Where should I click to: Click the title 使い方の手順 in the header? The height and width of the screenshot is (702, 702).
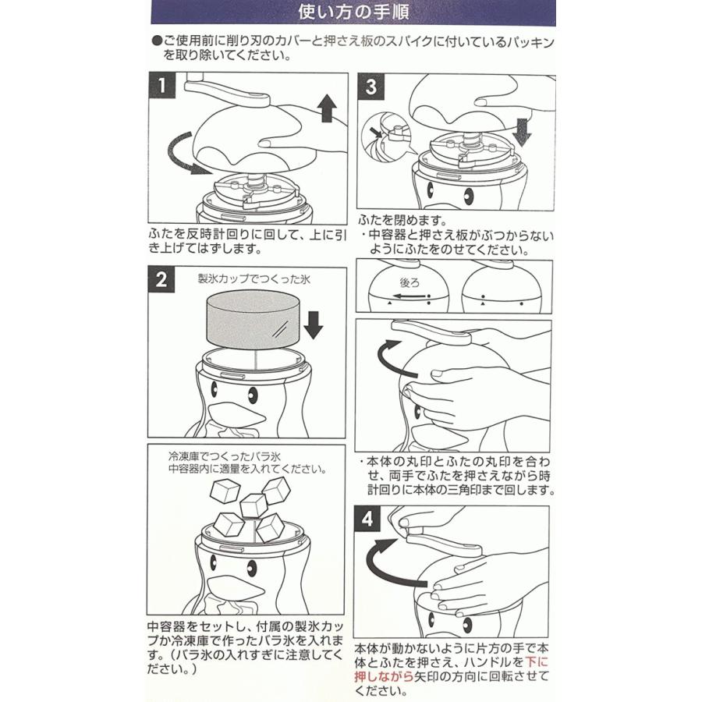350,13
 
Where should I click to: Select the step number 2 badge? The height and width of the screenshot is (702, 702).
161,279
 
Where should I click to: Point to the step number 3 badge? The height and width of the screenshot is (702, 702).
370,87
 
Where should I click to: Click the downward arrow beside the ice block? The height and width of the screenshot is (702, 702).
313,323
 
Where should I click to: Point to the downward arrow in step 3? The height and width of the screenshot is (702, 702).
522,131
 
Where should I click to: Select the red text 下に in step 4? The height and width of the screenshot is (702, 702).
536,662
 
